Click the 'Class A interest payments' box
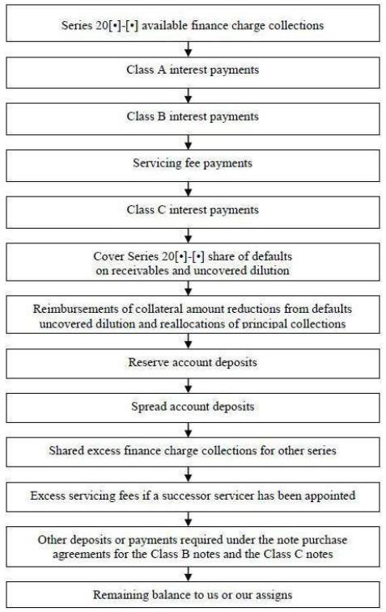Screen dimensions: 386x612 193,73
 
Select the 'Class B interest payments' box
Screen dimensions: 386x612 193,119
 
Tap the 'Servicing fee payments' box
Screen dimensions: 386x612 193,166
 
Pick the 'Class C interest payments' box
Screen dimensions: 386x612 193,213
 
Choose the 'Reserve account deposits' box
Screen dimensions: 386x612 193,364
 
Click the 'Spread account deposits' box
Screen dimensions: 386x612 193,408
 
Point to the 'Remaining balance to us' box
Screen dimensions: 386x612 193,594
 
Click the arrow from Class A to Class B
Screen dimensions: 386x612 189,95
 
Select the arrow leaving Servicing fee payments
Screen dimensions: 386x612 189,189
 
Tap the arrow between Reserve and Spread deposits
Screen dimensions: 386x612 189,386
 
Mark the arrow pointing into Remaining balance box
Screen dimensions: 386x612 189,574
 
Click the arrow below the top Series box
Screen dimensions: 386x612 189,49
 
